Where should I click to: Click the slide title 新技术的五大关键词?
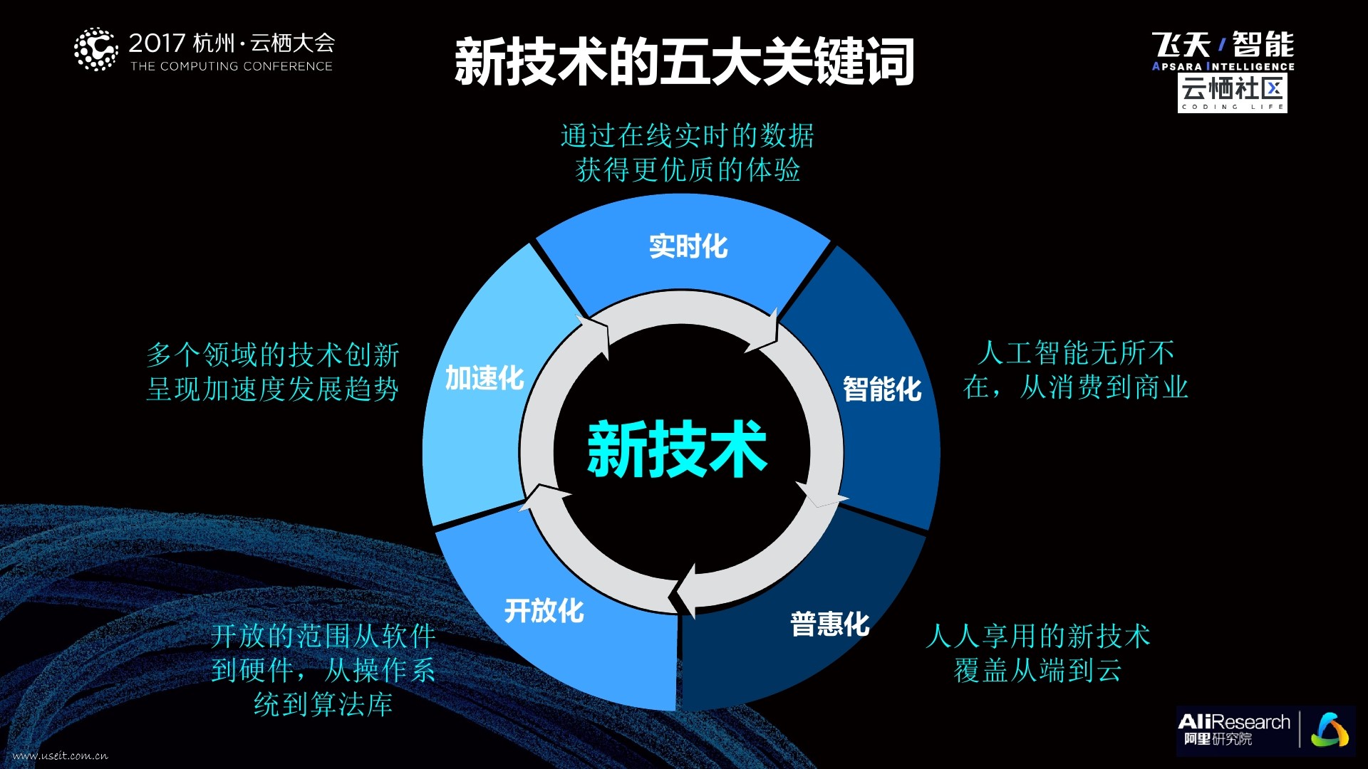[x=684, y=62]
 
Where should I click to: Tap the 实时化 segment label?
[x=688, y=246]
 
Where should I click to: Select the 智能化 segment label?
[x=882, y=389]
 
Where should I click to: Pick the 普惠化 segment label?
[x=829, y=624]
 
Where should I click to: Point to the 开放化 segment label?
[x=544, y=610]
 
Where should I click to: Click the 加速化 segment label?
[x=484, y=378]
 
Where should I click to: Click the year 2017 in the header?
[x=157, y=43]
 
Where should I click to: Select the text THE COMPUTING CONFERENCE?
[x=232, y=66]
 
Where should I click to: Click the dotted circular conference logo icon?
[x=95, y=50]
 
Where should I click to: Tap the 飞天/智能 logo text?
[x=1223, y=45]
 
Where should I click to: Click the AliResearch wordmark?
[x=1233, y=722]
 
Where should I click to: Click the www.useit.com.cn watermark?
[x=61, y=755]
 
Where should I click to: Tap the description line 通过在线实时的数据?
[x=687, y=135]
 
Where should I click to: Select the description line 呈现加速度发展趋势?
[x=272, y=389]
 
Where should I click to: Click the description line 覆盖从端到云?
[x=1037, y=670]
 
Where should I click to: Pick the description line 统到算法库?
[x=323, y=704]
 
